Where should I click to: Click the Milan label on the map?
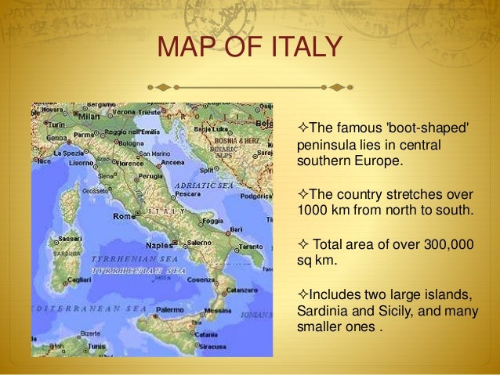(89, 116)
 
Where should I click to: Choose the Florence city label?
(135, 164)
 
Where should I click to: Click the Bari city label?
(235, 229)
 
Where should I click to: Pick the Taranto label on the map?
(252, 246)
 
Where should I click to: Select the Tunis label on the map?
(96, 345)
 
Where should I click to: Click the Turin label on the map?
(56, 124)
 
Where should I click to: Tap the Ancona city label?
(173, 163)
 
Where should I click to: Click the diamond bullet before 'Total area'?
(304, 246)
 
